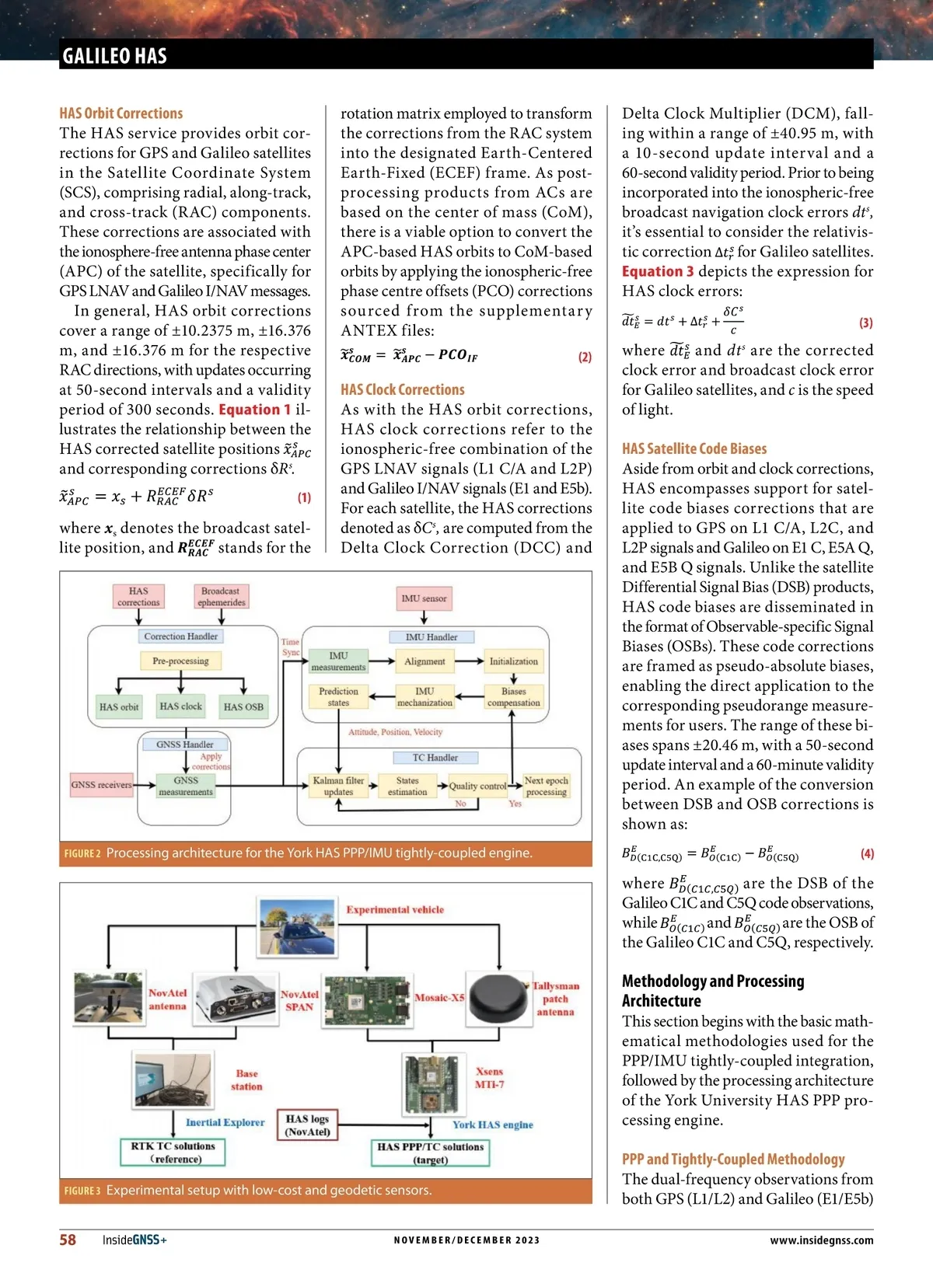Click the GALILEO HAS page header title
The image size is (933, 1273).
pos(114,56)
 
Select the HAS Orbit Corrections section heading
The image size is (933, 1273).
pos(121,113)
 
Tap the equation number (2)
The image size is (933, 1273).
pos(585,357)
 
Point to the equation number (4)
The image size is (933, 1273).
pos(867,853)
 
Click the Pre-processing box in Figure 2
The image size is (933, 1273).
pos(180,661)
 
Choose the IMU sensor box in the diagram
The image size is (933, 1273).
pos(424,598)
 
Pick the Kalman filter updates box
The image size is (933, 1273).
pos(338,786)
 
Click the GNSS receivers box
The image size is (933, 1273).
pos(101,784)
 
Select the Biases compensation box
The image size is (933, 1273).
pos(513,696)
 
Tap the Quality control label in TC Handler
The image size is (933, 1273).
pos(477,786)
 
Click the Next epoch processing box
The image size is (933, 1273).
pos(546,786)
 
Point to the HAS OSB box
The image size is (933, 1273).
pos(243,706)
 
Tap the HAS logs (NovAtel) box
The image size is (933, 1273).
pos(307,1125)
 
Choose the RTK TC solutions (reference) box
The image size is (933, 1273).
pos(173,1152)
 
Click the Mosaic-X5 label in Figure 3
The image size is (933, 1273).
pos(439,997)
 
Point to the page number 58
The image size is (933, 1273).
pos(68,1240)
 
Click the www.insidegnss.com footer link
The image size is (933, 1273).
pos(821,1240)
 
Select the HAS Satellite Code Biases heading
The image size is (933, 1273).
pos(694,448)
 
